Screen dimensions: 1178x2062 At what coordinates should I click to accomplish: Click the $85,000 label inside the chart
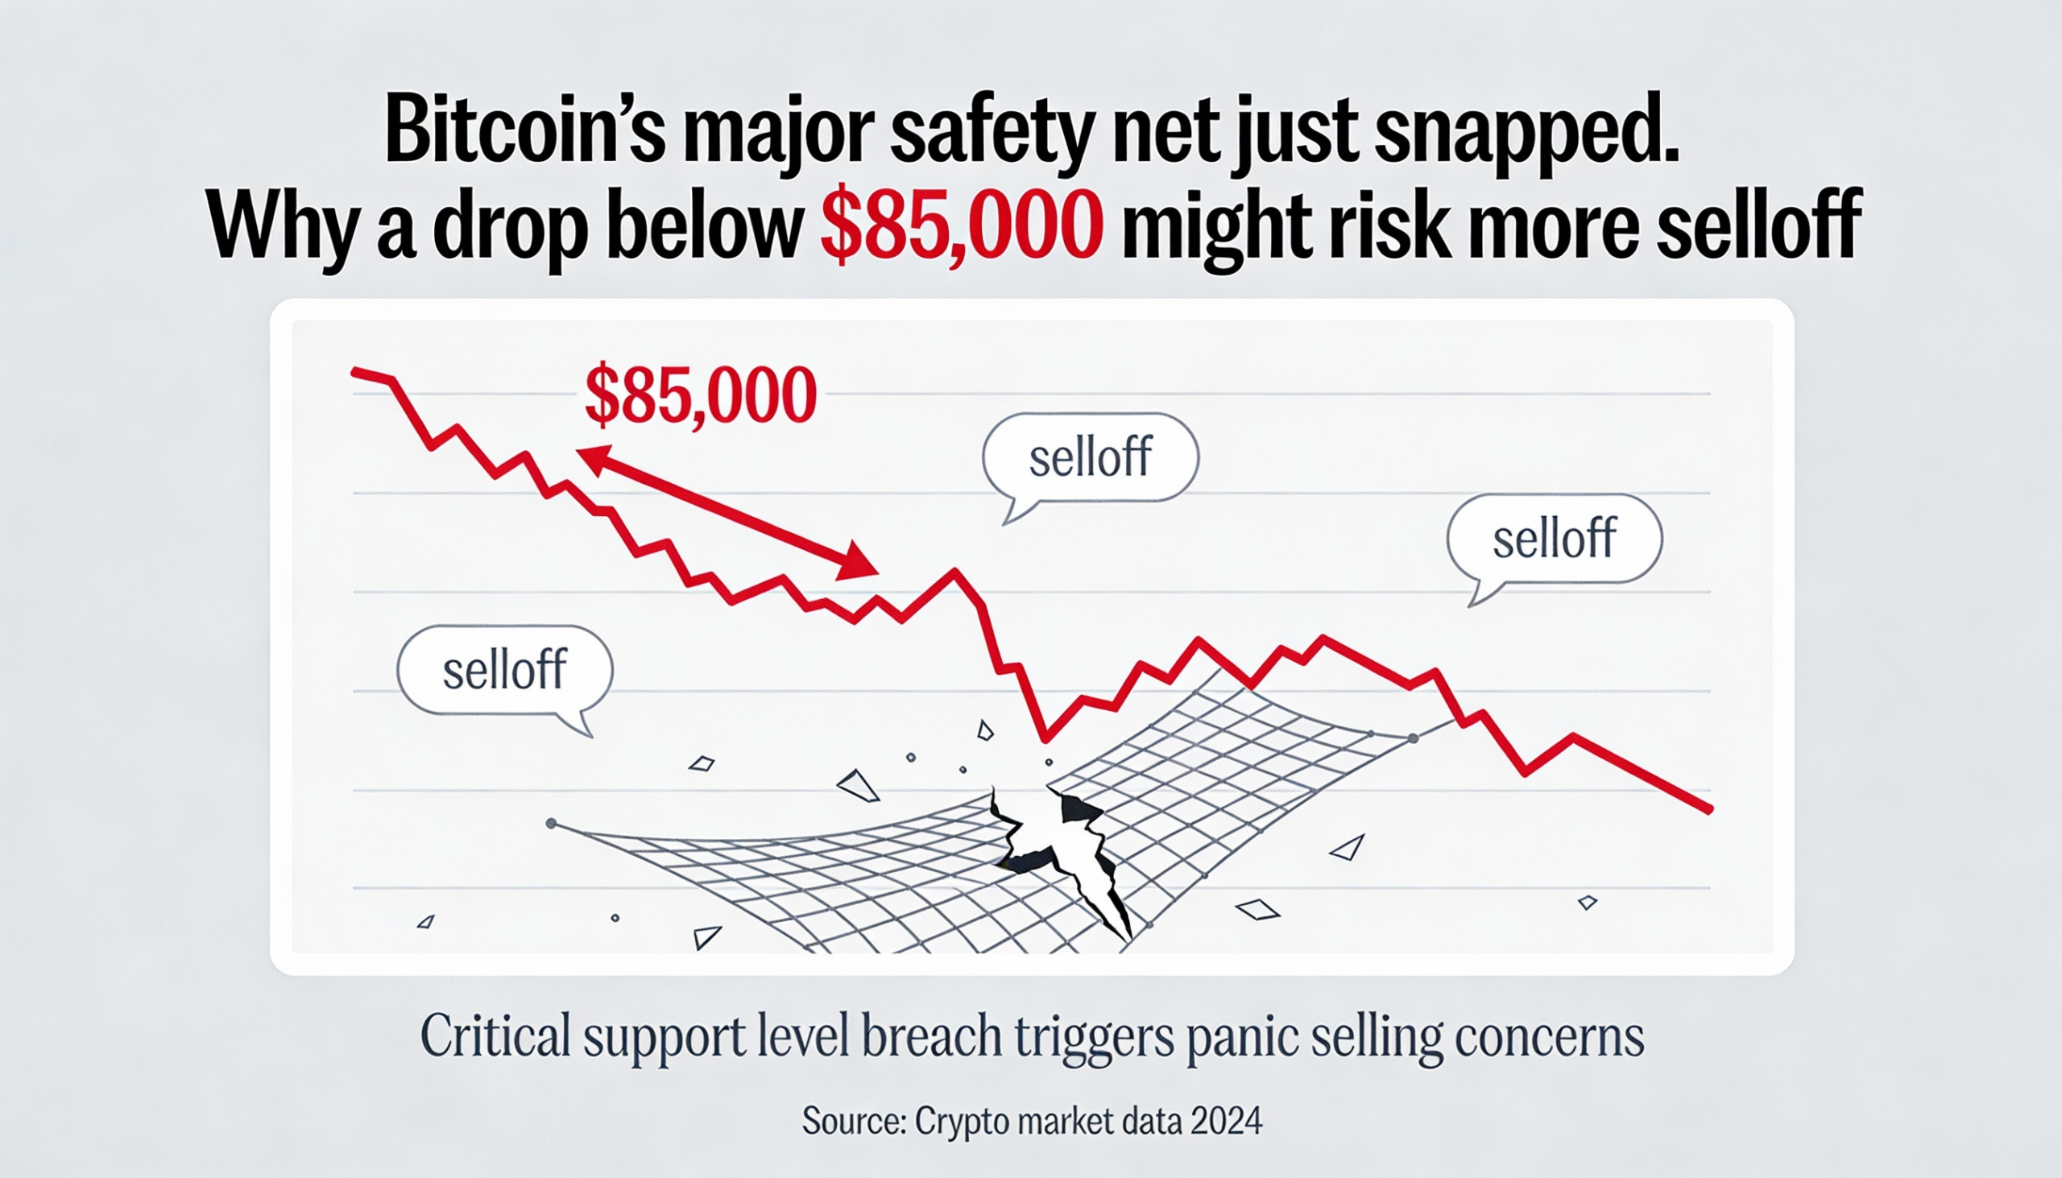[700, 395]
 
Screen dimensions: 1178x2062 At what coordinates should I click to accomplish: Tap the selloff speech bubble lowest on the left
[504, 670]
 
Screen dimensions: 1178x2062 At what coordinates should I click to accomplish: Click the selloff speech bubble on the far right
[1554, 539]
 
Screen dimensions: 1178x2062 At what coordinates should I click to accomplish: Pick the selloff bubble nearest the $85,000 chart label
[1090, 458]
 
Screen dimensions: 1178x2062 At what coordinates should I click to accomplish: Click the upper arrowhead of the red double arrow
[593, 459]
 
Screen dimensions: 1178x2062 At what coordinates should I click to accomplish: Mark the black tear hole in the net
[1052, 841]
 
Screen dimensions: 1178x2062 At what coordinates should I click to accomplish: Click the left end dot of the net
[551, 824]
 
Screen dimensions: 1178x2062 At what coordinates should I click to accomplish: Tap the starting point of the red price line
[354, 371]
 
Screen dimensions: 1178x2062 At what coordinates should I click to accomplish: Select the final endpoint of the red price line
[1709, 809]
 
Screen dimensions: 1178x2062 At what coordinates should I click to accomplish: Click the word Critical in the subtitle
[496, 1036]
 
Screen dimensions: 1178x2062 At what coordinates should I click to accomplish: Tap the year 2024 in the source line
[1226, 1122]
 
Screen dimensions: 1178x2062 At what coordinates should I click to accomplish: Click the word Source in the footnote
[851, 1122]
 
